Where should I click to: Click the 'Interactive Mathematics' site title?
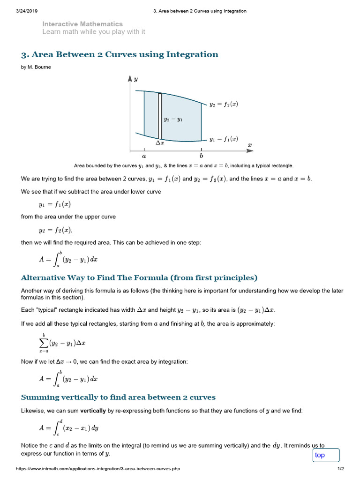coord(82,24)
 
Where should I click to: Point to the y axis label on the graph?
coord(136,79)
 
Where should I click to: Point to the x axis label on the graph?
coord(250,145)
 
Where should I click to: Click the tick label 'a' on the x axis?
coord(144,156)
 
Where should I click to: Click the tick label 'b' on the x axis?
coord(201,156)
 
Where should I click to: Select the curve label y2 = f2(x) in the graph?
coord(224,104)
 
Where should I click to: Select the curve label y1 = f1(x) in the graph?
coord(224,139)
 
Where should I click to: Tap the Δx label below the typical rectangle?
coord(160,142)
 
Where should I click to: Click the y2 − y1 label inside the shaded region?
coord(173,120)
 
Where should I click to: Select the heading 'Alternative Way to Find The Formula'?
coord(139,277)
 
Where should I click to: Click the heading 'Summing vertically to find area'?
coord(118,397)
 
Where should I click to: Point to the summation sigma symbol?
coord(44,343)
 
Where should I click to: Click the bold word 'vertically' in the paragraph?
coord(93,410)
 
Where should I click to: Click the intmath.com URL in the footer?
coord(98,469)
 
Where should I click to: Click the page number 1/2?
coord(341,469)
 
